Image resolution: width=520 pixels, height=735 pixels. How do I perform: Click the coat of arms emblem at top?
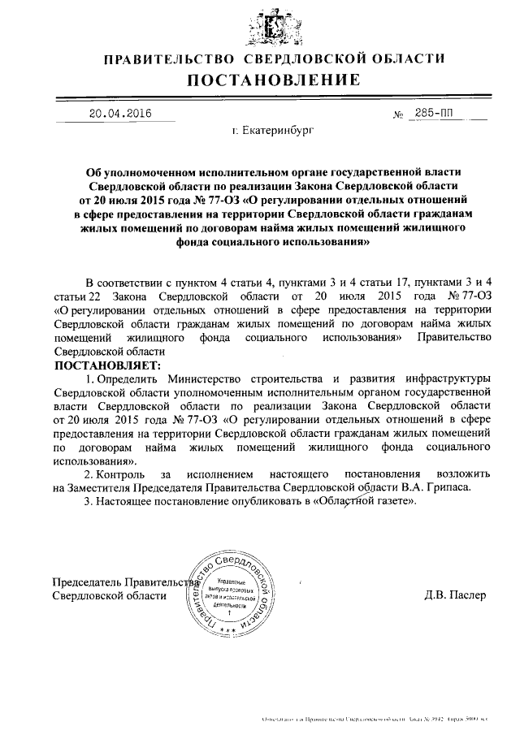pos(272,24)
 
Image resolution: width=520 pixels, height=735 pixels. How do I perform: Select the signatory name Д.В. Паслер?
pos(454,594)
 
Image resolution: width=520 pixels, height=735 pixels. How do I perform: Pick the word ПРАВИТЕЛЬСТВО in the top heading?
pos(167,59)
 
